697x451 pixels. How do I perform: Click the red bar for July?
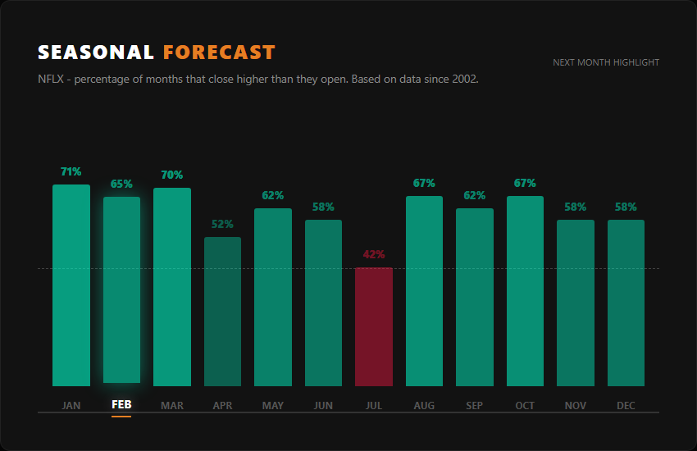point(374,326)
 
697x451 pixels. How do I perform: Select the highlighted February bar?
point(121,289)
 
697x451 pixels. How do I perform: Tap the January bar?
point(71,285)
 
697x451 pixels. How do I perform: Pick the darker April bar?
point(222,312)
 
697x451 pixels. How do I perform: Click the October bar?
point(525,290)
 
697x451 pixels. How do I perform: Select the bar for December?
point(626,303)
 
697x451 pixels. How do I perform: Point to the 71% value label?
point(71,171)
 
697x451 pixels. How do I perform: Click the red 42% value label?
point(374,254)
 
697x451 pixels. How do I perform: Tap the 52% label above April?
point(222,224)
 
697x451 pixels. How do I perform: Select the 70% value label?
point(172,175)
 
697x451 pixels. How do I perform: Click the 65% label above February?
point(121,184)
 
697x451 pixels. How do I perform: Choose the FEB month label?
point(121,405)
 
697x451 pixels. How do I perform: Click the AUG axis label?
point(424,405)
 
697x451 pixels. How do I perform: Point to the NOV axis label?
point(576,405)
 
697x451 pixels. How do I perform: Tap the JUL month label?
point(374,405)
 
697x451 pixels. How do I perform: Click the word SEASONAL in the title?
point(96,52)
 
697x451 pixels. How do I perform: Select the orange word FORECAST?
point(219,52)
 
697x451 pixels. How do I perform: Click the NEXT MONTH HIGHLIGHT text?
point(606,62)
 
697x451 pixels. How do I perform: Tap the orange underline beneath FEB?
point(121,417)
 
